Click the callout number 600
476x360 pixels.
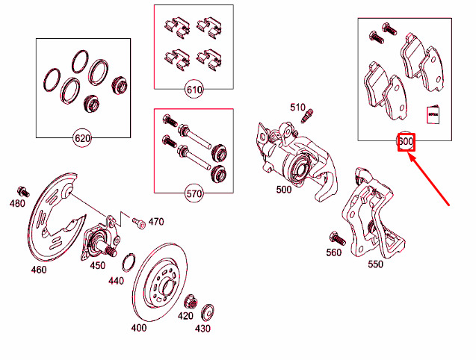click(406, 141)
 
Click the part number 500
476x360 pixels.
click(284, 190)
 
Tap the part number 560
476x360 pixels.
click(334, 252)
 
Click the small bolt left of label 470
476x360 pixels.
click(137, 222)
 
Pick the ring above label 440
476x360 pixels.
click(128, 262)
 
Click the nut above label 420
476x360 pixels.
click(188, 302)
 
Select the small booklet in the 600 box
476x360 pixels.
click(433, 115)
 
